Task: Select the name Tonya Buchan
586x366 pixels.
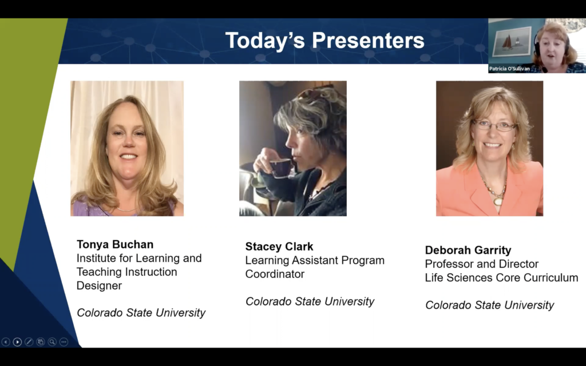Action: [x=115, y=244]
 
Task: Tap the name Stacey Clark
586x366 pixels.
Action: [x=279, y=246]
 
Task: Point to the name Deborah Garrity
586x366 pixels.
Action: [x=468, y=250]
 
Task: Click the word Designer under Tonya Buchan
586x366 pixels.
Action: [x=99, y=285]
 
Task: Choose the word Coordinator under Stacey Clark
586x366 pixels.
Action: [x=275, y=274]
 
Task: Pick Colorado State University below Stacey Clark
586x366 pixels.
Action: [x=310, y=301]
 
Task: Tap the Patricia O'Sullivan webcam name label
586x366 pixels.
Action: [x=509, y=69]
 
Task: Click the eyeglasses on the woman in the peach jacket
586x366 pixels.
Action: [x=494, y=125]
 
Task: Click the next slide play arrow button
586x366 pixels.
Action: [x=17, y=342]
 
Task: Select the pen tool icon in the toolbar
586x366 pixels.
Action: [x=29, y=342]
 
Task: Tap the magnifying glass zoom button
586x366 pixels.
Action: [x=52, y=342]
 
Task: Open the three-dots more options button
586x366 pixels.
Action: [x=64, y=342]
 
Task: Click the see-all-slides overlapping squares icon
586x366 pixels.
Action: [x=40, y=342]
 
